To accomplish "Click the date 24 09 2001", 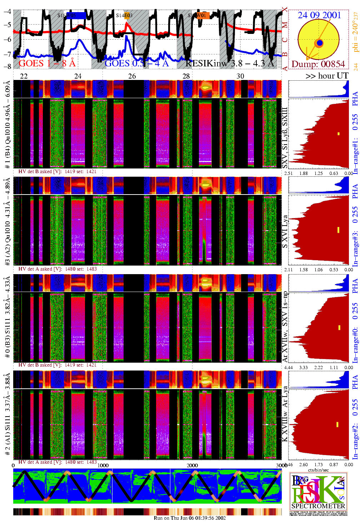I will (319, 15).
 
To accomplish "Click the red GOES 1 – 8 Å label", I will (47, 64).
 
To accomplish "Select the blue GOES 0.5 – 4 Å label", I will (136, 64).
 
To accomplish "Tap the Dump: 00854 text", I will (318, 64).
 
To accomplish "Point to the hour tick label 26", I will (132, 76).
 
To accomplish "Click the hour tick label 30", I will (240, 76).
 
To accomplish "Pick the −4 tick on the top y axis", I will (7, 11).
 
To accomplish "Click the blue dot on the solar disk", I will (320, 43).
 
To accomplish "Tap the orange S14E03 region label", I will (124, 15).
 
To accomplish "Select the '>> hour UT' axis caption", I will (327, 76).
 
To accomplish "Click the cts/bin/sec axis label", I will (318, 470).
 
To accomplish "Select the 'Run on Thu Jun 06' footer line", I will (190, 518).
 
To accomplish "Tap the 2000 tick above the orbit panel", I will (192, 465).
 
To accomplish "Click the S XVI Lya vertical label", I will (285, 231).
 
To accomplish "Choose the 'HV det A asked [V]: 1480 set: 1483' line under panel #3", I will (57, 269).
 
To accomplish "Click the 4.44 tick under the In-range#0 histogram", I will (288, 367).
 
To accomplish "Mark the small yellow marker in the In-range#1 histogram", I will (339, 134).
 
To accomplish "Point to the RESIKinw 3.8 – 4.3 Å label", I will (230, 64).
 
